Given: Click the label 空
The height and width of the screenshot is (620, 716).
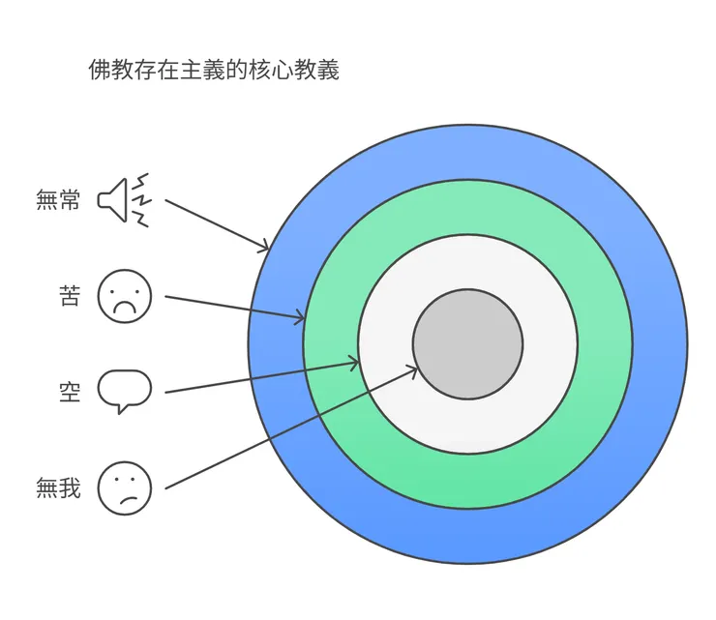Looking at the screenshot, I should [70, 392].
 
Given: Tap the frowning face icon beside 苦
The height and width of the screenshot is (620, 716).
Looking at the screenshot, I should [125, 295].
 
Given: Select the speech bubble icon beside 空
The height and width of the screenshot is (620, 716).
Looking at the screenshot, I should [125, 390].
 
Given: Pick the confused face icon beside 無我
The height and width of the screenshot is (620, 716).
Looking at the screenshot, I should [125, 487].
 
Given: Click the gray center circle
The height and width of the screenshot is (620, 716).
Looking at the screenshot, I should [467, 343].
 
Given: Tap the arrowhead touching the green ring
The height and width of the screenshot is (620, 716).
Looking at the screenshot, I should [300, 317].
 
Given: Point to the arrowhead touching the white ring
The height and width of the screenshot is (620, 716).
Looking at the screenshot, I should [354, 364].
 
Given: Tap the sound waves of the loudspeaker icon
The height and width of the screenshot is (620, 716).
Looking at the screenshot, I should [142, 200].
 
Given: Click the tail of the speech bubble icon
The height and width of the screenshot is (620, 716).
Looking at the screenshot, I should [121, 407].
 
